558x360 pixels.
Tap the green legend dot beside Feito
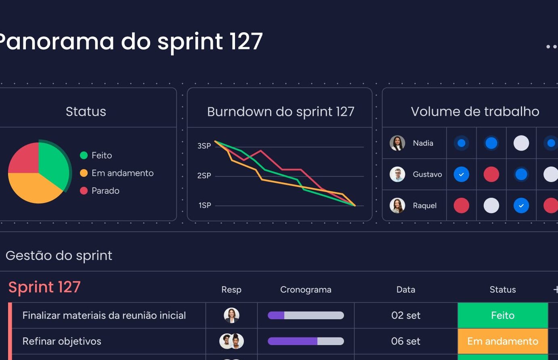[84, 155]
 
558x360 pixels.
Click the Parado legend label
[105, 191]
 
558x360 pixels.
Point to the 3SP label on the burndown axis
[204, 146]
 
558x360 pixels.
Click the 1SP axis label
[205, 205]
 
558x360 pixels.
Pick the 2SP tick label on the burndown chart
[204, 176]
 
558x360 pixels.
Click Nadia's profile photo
[397, 143]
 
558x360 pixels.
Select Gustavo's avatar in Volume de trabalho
[397, 174]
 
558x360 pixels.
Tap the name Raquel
[424, 206]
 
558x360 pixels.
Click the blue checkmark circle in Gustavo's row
[462, 174]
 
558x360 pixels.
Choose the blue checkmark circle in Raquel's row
[521, 206]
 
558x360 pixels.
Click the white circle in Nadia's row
[521, 143]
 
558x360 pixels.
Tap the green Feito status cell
[503, 316]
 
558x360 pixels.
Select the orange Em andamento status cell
[503, 341]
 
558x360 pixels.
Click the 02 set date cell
[406, 316]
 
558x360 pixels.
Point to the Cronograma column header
[306, 289]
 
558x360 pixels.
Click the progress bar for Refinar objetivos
[306, 341]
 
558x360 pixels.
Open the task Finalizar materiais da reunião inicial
[104, 316]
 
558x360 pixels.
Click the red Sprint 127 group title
[44, 287]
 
